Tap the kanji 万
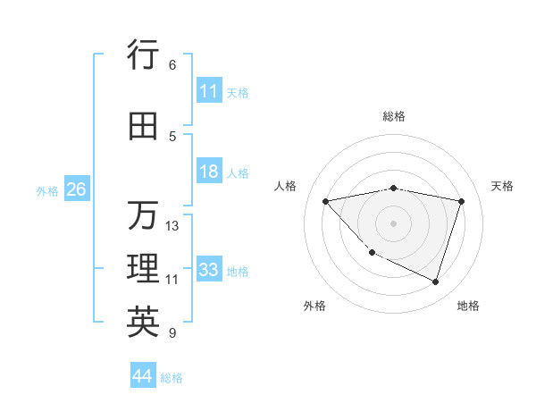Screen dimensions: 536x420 click(x=143, y=216)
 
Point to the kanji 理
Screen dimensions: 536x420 click(x=143, y=269)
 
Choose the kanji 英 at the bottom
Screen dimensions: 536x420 click(x=143, y=323)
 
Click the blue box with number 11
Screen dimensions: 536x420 click(x=209, y=91)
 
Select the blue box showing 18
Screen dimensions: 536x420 click(x=209, y=172)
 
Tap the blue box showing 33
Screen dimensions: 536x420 click(x=209, y=270)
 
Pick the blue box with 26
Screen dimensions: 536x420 click(x=76, y=189)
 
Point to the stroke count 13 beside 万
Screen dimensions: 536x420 click(x=172, y=226)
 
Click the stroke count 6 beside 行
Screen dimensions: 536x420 click(x=172, y=65)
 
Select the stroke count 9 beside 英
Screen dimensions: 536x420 click(x=172, y=333)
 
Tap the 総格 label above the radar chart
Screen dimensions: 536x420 click(x=394, y=116)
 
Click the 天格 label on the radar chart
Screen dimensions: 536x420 click(x=502, y=186)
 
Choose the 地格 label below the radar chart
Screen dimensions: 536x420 click(x=468, y=306)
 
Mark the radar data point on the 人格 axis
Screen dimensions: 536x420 click(x=326, y=201)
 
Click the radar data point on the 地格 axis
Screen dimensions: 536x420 click(x=435, y=282)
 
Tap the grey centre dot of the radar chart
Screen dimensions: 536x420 click(x=393, y=223)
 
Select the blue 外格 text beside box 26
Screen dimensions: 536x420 click(x=47, y=190)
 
